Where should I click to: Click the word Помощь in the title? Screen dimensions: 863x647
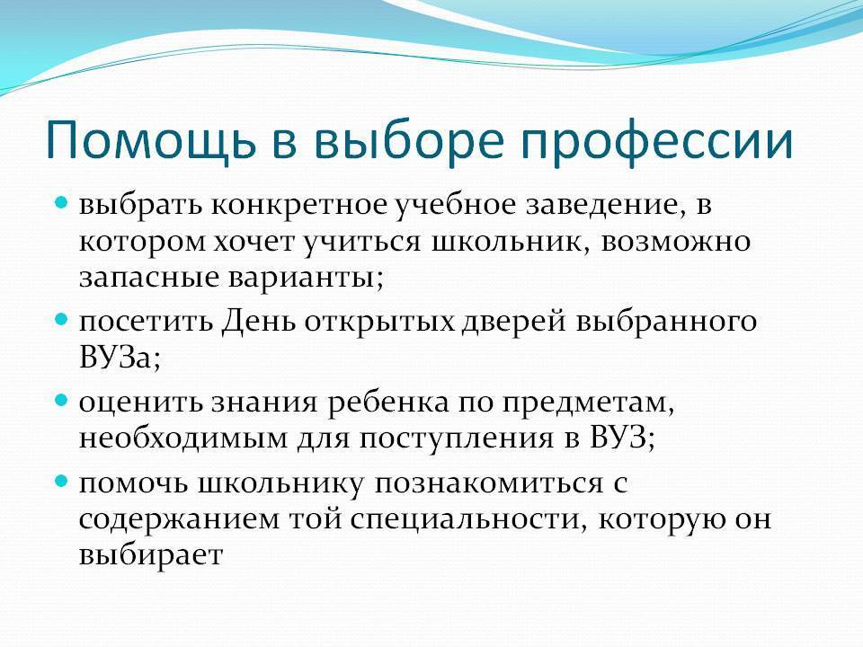click(x=150, y=140)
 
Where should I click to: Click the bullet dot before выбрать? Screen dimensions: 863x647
click(x=61, y=203)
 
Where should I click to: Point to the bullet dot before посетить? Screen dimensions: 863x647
click(x=61, y=319)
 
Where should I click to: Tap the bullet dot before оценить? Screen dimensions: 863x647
click(x=61, y=400)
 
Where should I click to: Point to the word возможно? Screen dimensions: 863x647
click(x=676, y=242)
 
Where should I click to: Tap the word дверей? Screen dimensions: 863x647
click(x=514, y=322)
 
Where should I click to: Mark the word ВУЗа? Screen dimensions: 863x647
click(x=120, y=358)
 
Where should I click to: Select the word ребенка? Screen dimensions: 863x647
click(x=388, y=403)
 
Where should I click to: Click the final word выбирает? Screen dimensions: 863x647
click(x=151, y=554)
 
